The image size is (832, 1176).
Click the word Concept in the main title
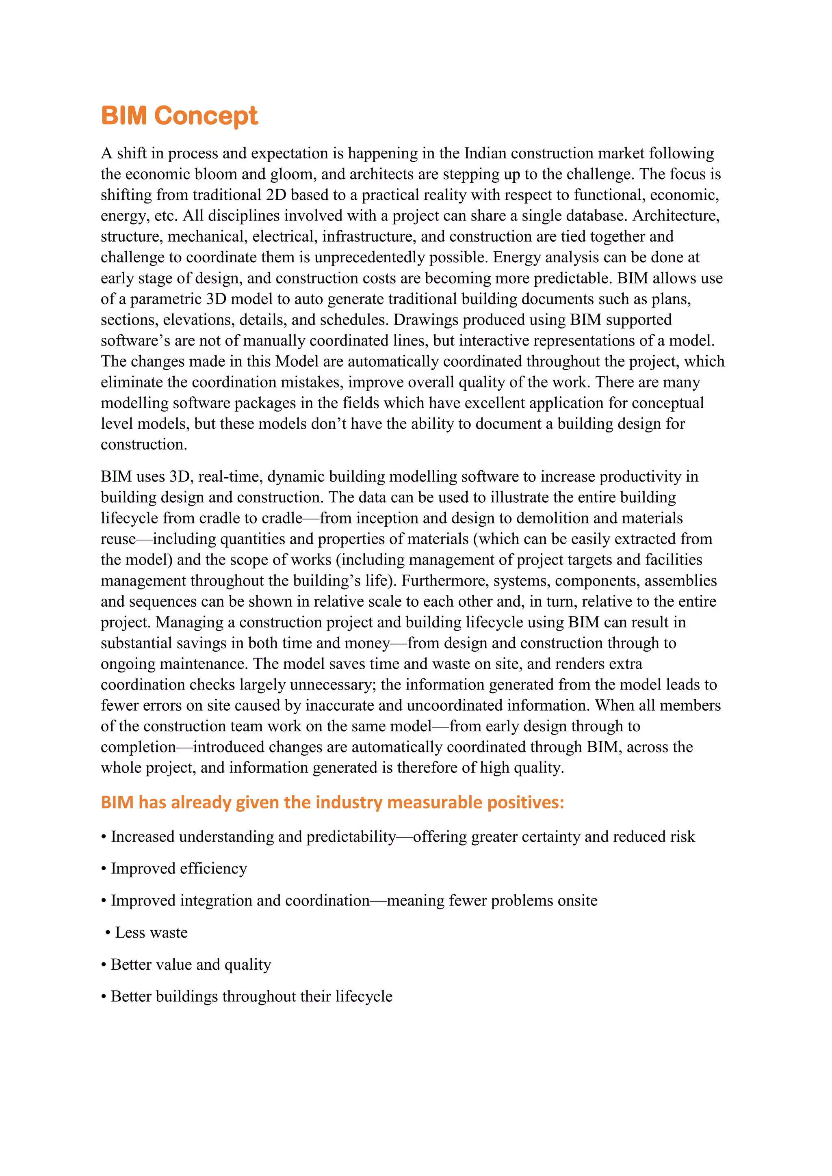coord(206,116)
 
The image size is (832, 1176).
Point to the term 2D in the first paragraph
coord(275,195)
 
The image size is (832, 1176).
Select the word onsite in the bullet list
coord(578,900)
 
